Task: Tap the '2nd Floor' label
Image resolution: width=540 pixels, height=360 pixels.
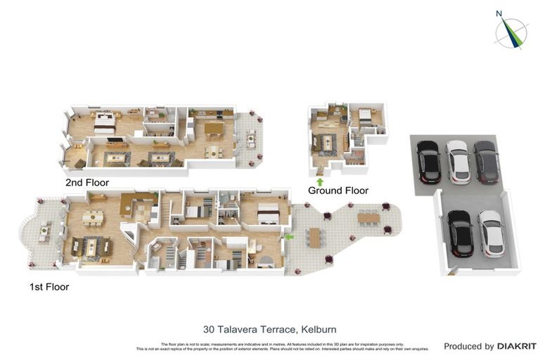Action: point(86,182)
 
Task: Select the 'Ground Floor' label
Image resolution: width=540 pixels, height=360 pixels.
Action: point(337,191)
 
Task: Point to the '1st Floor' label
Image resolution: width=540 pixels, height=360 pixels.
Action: point(49,286)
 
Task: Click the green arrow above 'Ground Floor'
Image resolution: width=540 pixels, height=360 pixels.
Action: point(320,182)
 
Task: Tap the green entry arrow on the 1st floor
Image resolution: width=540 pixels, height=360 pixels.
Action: point(289,238)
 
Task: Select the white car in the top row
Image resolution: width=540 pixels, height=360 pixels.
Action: point(458,161)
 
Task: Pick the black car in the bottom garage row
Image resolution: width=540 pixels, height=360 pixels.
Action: point(460,233)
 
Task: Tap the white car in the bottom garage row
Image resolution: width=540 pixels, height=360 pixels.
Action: point(491,233)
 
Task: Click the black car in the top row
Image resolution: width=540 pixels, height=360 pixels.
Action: point(428,161)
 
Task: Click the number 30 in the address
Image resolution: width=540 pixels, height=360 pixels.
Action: point(209,328)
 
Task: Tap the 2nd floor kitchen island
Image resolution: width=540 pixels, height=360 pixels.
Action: point(213,128)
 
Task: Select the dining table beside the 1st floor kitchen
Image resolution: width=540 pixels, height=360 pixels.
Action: point(92,218)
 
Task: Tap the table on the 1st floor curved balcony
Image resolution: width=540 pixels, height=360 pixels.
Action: point(44,231)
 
